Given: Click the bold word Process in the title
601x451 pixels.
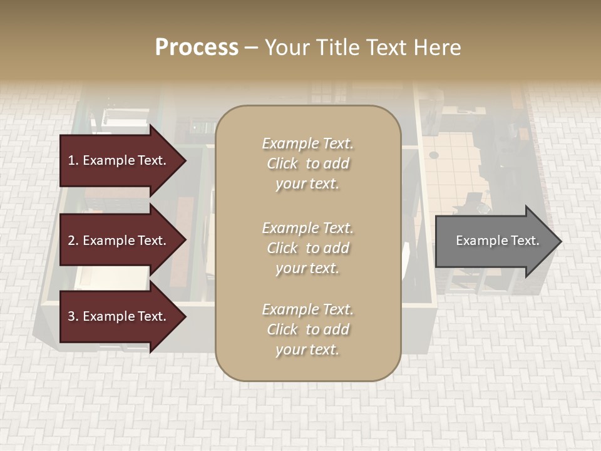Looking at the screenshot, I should (197, 48).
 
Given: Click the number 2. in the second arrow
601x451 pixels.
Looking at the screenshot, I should (73, 241).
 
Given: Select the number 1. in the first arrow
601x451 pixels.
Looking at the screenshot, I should (73, 160).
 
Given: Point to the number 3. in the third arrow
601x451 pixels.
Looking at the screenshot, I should (73, 316).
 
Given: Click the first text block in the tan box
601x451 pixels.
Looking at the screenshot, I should (307, 163).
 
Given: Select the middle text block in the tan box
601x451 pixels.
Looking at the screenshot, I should (307, 248).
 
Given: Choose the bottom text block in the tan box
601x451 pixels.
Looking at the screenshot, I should (307, 329).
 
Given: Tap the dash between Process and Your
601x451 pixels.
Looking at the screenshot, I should (252, 48).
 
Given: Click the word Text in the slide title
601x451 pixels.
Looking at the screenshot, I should (384, 48).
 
